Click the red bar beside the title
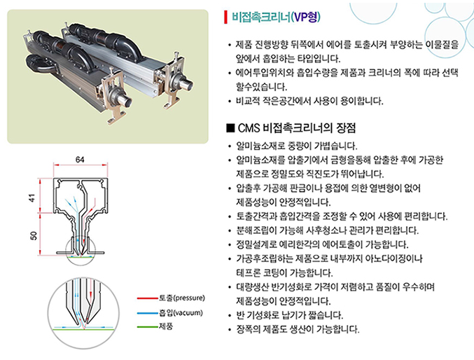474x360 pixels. coord(225,17)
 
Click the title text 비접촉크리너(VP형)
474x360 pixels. coord(276,17)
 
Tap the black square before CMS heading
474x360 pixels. coord(230,128)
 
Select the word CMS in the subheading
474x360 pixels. coord(249,128)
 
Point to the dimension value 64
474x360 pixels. coord(80,160)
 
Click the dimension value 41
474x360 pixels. coord(32,198)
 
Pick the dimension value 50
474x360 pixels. coord(34,235)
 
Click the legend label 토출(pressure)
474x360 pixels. coord(182,298)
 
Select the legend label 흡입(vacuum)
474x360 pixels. coord(181,312)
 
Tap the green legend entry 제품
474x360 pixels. coord(166,326)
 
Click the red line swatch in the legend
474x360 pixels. coord(148,298)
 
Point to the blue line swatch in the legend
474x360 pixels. coord(148,313)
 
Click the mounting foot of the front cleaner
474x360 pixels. coord(117,116)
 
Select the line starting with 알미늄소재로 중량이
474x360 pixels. coord(296,146)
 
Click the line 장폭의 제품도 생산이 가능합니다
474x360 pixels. coord(298,329)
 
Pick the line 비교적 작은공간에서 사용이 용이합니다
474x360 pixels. coord(309,101)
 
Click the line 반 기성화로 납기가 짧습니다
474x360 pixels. coord(289,315)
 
